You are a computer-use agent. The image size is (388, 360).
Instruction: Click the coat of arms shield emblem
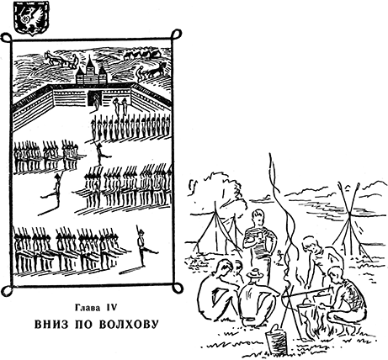tap(31, 18)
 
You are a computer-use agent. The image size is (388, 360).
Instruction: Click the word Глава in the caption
tap(88, 308)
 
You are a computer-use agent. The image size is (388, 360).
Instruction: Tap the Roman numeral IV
tap(111, 308)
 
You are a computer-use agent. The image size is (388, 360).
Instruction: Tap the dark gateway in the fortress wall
tap(93, 98)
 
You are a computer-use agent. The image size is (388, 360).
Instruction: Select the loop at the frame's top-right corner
tap(176, 34)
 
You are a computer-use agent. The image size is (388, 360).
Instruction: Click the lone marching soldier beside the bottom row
tap(145, 246)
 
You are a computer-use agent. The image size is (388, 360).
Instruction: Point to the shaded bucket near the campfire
tap(276, 340)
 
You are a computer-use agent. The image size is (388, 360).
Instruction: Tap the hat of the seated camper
tap(255, 273)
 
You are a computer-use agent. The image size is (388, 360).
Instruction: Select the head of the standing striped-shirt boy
tap(258, 218)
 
